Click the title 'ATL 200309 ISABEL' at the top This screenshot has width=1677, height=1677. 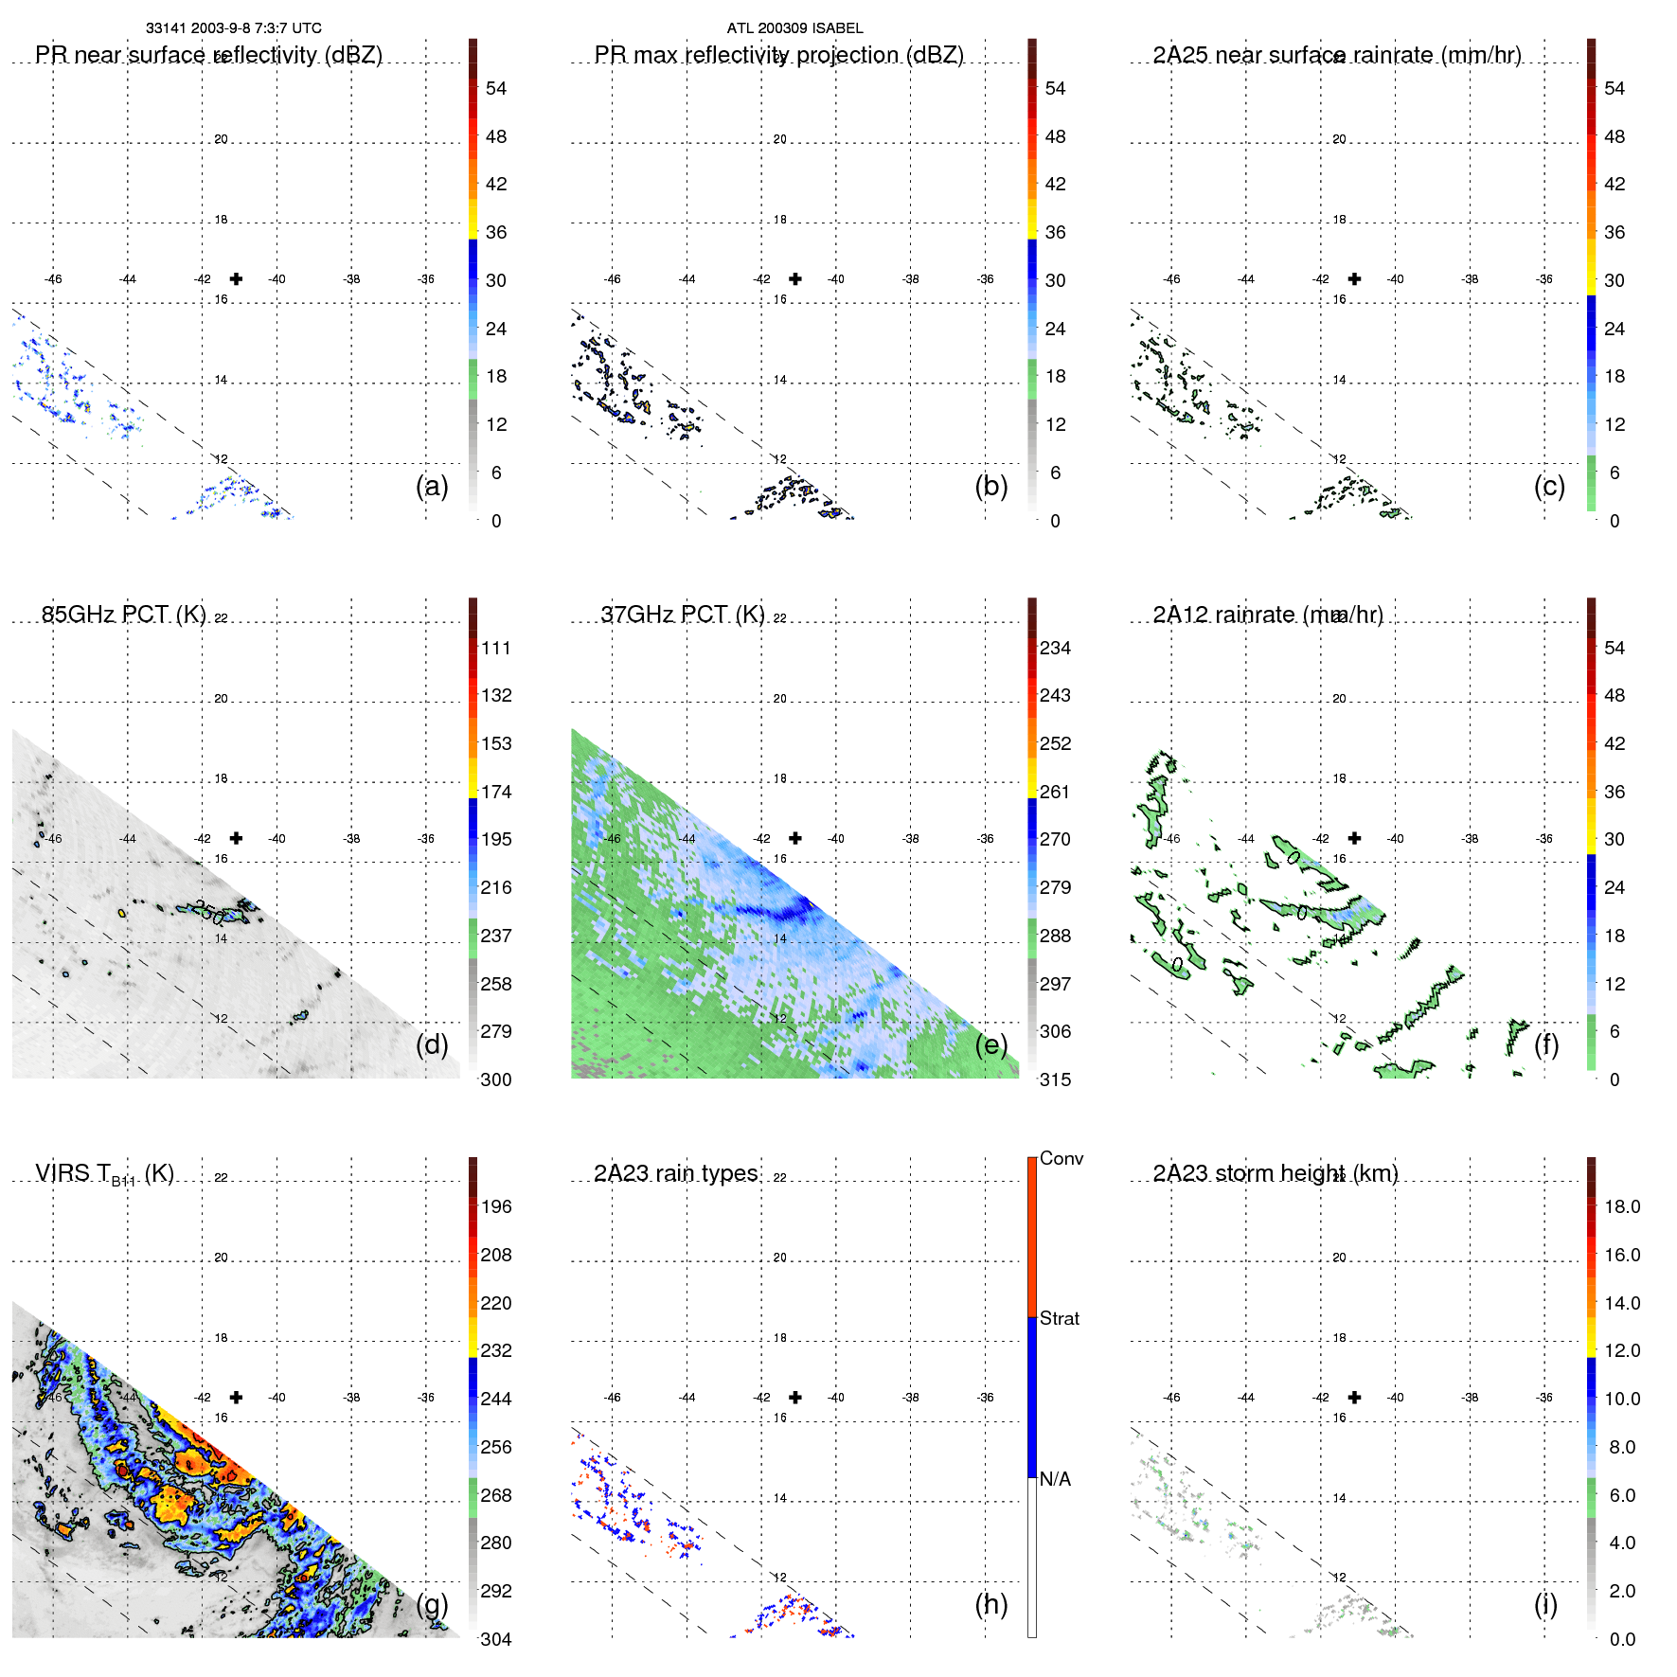click(x=794, y=28)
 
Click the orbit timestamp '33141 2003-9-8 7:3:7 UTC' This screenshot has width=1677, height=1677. click(x=233, y=28)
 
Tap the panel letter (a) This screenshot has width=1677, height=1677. click(x=432, y=486)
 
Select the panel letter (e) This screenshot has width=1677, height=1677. click(x=990, y=1044)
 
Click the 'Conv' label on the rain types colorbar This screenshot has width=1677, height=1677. click(x=1061, y=1158)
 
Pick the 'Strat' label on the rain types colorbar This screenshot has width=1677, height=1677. click(x=1059, y=1318)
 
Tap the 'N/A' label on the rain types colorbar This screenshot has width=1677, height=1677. click(x=1055, y=1479)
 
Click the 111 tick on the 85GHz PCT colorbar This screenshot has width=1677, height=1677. click(x=496, y=648)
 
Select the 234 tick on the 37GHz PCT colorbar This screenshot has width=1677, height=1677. click(x=1055, y=648)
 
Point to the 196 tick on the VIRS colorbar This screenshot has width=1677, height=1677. click(x=496, y=1206)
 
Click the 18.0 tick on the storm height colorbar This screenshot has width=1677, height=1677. click(x=1621, y=1206)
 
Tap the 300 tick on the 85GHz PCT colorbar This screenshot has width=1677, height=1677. click(x=496, y=1079)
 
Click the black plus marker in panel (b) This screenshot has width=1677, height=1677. click(x=795, y=278)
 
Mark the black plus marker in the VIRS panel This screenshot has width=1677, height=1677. click(x=236, y=1397)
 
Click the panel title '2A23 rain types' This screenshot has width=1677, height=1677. click(x=675, y=1173)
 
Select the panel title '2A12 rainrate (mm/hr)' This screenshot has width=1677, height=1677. click(x=1267, y=615)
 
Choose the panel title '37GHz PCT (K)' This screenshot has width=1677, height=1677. click(x=682, y=615)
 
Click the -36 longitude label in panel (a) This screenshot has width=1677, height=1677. click(x=426, y=279)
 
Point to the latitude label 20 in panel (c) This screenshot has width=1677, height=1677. click(x=1339, y=139)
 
